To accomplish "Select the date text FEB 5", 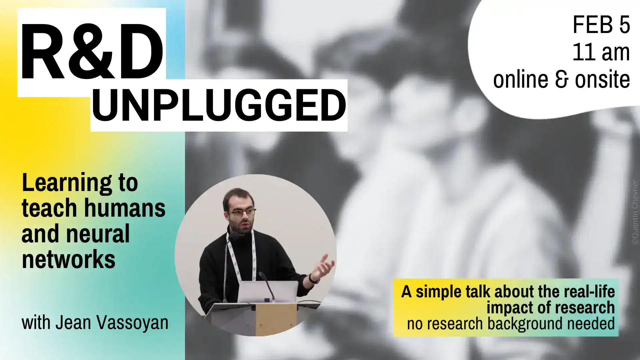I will [x=601, y=25].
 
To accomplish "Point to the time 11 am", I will [x=601, y=52].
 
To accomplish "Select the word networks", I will [x=68, y=259].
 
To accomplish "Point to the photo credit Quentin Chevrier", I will [x=634, y=212].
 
